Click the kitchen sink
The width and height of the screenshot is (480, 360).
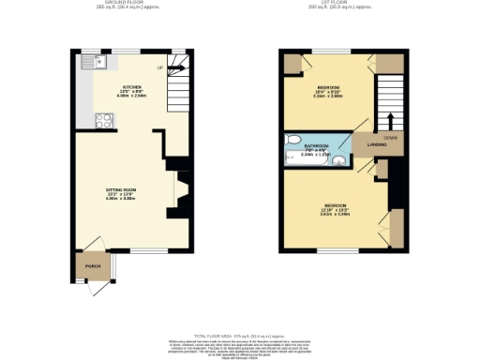point(95,62)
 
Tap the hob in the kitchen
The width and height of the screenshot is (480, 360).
point(101,120)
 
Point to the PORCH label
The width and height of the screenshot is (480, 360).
point(92,266)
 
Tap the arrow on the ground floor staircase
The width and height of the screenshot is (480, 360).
point(174,67)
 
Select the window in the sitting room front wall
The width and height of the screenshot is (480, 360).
point(142,250)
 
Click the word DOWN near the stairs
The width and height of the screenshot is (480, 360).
point(388,136)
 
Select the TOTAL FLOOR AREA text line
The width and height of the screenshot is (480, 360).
point(239,335)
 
